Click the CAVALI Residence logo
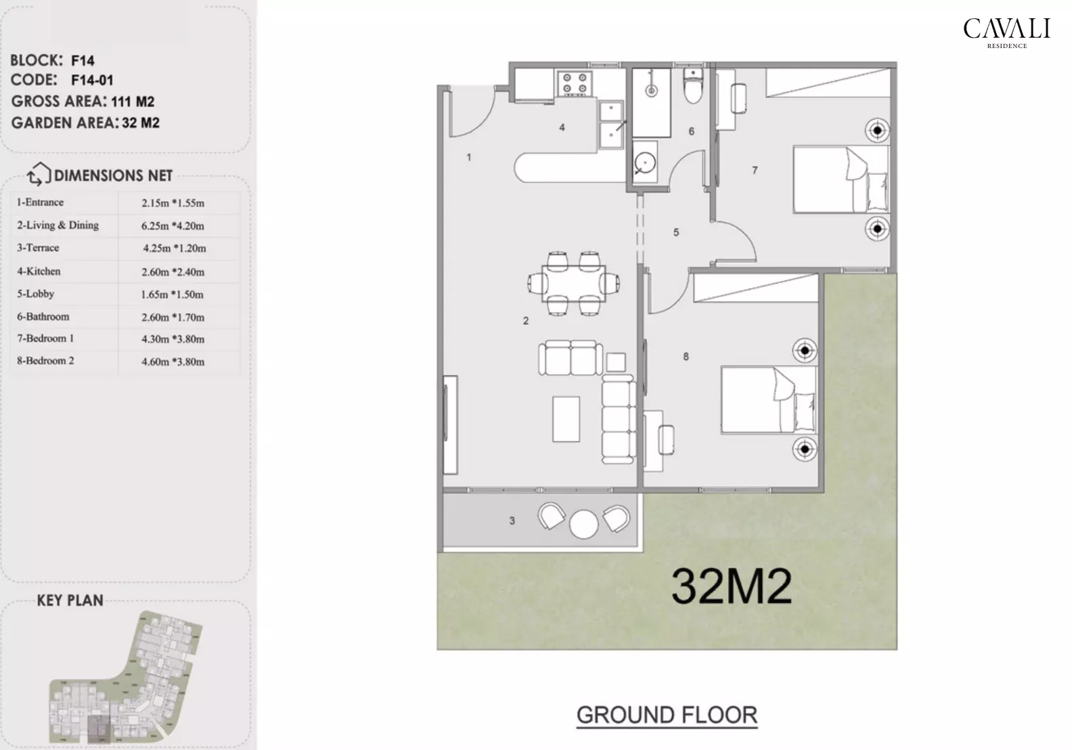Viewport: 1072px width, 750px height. click(x=1006, y=32)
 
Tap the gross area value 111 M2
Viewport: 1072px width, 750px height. click(x=133, y=102)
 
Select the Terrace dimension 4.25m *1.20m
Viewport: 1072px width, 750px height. click(x=174, y=248)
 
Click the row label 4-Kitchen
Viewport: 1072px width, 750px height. click(x=39, y=271)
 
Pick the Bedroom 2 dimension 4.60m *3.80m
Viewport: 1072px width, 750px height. click(x=173, y=362)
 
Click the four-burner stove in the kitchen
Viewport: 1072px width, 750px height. click(x=575, y=83)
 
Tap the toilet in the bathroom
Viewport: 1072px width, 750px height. click(x=694, y=87)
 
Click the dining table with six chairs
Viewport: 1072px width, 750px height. click(x=575, y=283)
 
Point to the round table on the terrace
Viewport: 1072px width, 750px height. click(x=583, y=523)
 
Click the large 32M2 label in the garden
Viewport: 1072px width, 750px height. click(x=731, y=586)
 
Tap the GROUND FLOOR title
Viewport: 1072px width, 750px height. click(x=667, y=715)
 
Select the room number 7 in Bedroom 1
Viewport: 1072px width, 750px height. click(x=755, y=171)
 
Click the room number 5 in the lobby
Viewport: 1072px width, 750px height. click(x=675, y=233)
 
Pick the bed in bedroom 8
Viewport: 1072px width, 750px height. click(x=768, y=399)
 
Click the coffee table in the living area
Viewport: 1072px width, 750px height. click(x=566, y=419)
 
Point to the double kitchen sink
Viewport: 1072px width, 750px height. click(x=611, y=125)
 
